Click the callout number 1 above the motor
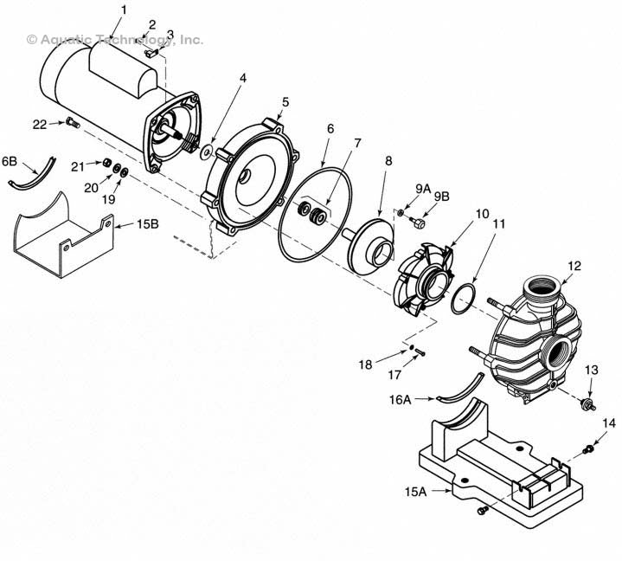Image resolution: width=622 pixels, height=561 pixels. click(x=123, y=10)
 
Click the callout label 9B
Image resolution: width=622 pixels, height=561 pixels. click(x=441, y=197)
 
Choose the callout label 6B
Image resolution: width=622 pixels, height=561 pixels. click(x=10, y=161)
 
